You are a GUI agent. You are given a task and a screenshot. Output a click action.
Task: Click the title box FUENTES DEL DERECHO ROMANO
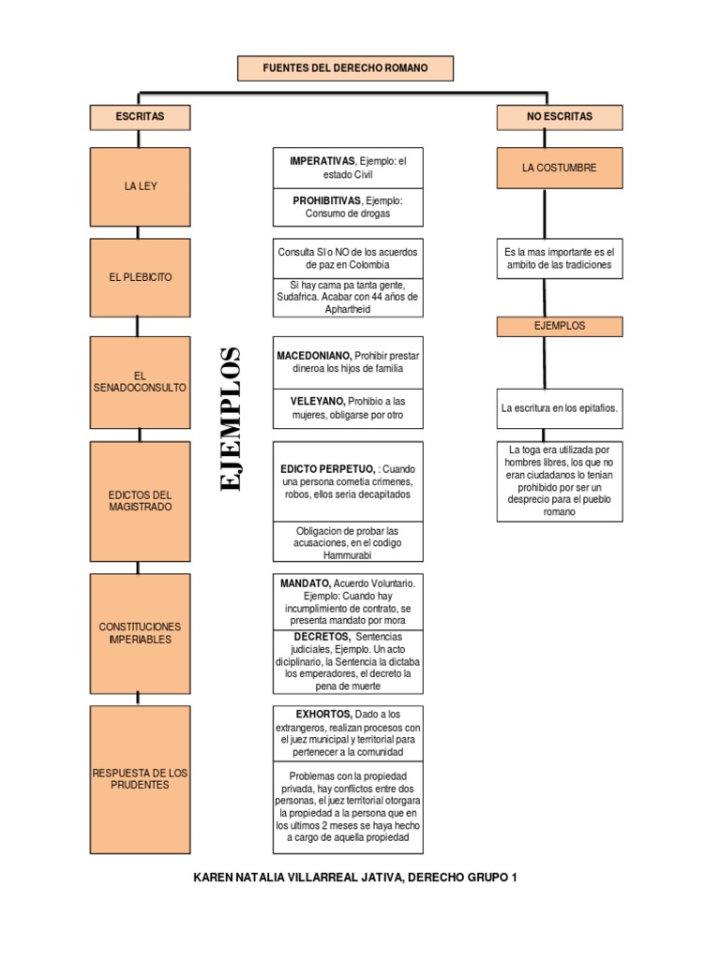345,68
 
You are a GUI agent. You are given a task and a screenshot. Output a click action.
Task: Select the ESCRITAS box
140,117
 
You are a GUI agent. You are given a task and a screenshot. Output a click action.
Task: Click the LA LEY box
140,186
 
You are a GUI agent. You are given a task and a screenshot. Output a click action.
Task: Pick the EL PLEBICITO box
140,278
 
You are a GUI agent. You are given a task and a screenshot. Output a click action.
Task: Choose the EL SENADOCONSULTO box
140,381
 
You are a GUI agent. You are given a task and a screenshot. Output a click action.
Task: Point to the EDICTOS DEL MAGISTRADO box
140,500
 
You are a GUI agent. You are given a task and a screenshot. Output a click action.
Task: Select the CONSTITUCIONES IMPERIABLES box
140,632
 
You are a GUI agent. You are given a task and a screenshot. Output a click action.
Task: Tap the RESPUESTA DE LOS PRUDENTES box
140,778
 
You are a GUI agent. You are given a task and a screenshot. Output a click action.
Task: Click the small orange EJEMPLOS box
559,326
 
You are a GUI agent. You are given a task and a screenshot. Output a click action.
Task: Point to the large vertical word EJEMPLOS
229,419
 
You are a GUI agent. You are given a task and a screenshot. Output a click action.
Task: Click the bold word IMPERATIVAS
322,161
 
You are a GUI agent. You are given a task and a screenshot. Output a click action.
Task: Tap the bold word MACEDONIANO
314,356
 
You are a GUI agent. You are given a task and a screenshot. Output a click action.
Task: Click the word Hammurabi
348,555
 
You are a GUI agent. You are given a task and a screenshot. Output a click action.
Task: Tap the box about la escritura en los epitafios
559,408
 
